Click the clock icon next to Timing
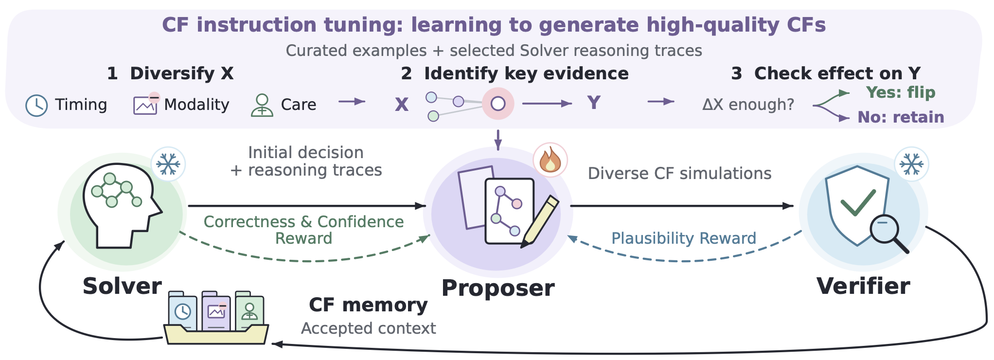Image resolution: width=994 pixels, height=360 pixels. pos(36,106)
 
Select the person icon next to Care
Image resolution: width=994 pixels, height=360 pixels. pos(262,105)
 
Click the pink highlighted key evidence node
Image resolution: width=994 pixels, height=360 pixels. pos(498,104)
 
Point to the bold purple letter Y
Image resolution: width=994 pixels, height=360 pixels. pos(593,103)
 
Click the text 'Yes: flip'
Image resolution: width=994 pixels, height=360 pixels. pos(901,92)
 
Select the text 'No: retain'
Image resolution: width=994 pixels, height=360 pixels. pos(901,117)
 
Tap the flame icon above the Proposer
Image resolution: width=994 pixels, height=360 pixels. pos(550,160)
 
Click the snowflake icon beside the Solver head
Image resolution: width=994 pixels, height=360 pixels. pos(168,164)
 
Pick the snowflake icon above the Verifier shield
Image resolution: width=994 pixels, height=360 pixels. pos(912,164)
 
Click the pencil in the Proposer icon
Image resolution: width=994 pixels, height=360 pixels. pos(540,222)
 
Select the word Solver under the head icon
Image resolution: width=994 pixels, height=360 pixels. pos(122,286)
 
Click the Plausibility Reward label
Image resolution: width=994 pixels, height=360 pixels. pos(684,238)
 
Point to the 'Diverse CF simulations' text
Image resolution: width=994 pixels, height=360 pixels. pos(679,174)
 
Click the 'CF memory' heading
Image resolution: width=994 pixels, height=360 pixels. pos(368,305)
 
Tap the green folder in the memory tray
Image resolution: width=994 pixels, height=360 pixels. pos(249,311)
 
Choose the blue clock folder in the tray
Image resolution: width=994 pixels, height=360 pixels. pos(183,311)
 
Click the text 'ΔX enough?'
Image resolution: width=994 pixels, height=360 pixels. pos(748,105)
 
